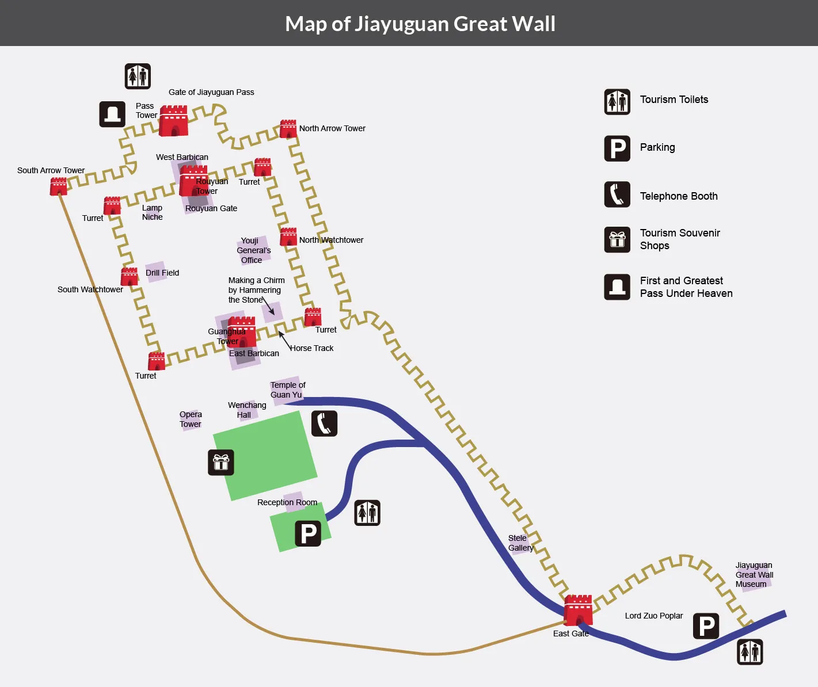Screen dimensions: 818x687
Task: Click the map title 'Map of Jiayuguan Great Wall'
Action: (420, 24)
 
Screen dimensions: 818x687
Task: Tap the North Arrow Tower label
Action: (332, 128)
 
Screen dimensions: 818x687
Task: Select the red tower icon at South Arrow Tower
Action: (58, 186)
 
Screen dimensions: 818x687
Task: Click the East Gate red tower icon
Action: (578, 610)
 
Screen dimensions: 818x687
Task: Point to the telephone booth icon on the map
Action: (325, 423)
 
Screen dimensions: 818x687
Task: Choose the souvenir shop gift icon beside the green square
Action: (221, 463)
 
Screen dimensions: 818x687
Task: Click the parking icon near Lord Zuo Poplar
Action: (706, 626)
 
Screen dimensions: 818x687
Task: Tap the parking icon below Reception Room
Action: (308, 533)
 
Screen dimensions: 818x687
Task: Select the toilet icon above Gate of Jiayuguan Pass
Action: (138, 76)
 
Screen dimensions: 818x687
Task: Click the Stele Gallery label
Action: (520, 543)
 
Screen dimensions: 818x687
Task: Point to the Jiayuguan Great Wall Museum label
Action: (754, 575)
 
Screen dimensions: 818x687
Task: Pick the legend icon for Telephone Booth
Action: (617, 194)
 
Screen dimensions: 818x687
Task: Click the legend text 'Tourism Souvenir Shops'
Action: (680, 239)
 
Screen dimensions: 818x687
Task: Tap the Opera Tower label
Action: (191, 419)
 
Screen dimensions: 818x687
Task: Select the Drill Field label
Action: (162, 273)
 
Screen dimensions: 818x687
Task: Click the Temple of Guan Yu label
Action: (288, 390)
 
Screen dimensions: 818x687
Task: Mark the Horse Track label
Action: (312, 348)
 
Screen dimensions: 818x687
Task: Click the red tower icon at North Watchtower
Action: (288, 236)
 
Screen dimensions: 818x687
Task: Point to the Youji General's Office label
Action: (253, 250)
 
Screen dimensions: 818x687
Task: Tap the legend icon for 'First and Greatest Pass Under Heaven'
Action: (617, 287)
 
